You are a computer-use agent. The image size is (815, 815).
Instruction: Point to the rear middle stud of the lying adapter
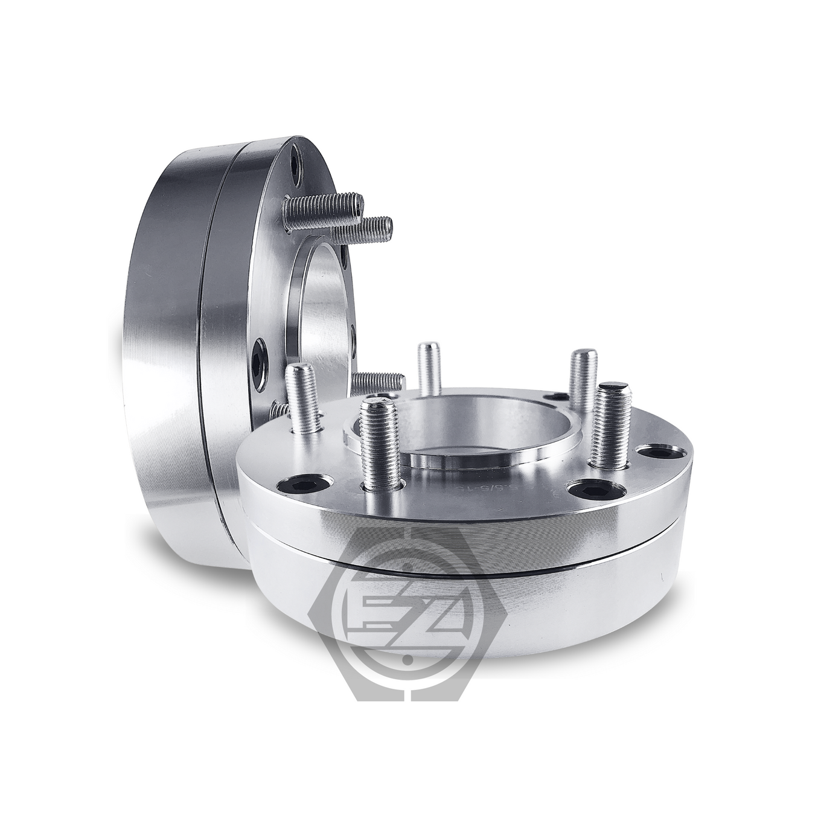click(428, 368)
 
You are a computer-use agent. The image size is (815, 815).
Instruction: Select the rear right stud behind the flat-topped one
click(583, 377)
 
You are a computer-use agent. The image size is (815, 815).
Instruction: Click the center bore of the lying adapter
click(459, 435)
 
